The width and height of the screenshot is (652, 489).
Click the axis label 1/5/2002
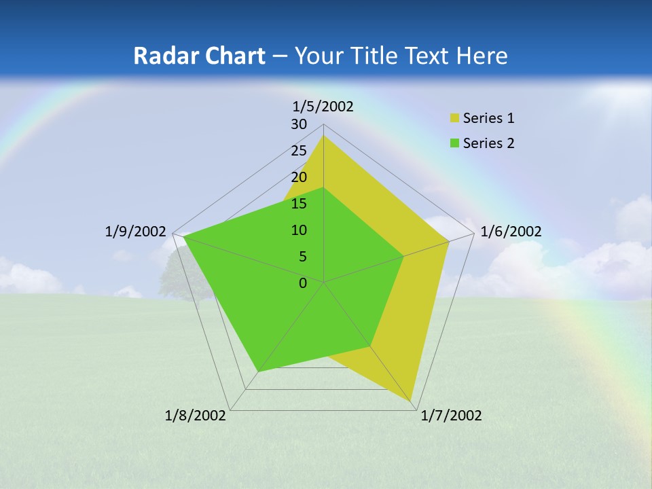pyautogui.click(x=323, y=106)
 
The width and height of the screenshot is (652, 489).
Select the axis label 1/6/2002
pyautogui.click(x=511, y=232)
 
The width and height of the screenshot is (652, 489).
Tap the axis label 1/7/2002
pyautogui.click(x=451, y=416)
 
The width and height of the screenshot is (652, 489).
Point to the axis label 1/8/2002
pyautogui.click(x=196, y=416)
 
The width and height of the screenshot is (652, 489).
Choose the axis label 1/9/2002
pyautogui.click(x=135, y=232)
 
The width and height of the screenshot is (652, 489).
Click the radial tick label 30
pyautogui.click(x=299, y=124)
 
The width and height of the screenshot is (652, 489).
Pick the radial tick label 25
pyautogui.click(x=299, y=151)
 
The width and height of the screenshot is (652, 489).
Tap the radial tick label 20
pyautogui.click(x=299, y=177)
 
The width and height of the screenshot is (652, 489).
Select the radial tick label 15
pyautogui.click(x=299, y=204)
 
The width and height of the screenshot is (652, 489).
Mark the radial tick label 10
pyautogui.click(x=299, y=230)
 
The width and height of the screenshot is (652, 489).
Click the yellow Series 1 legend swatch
pyautogui.click(x=455, y=118)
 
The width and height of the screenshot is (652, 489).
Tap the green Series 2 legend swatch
pyautogui.click(x=455, y=143)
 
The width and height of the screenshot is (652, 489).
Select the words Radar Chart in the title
pyautogui.click(x=199, y=56)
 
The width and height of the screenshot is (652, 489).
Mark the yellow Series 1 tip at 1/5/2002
pyautogui.click(x=323, y=137)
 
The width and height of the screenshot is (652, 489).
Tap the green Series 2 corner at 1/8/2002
pyautogui.click(x=258, y=372)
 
